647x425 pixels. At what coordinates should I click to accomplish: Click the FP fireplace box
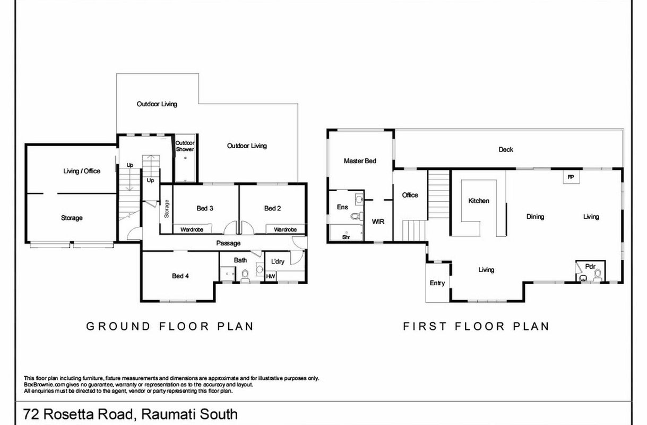coord(571,177)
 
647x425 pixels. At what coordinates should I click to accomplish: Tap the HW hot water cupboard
coord(271,276)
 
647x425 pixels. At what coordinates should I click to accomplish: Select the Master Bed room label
coord(360,161)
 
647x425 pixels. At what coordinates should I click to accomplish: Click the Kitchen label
coord(479,201)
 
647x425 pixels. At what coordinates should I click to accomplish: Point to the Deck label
coord(506,149)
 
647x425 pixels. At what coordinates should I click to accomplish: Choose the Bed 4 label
coord(180,276)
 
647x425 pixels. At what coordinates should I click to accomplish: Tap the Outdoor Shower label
coord(185,146)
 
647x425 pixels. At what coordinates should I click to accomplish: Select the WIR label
coord(378,222)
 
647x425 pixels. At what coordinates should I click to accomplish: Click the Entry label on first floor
coord(437,283)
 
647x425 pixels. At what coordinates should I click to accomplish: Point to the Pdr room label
coord(590,266)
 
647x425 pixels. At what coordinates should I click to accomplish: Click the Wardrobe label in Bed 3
coord(192,229)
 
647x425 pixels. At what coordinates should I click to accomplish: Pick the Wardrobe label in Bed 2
coord(285,229)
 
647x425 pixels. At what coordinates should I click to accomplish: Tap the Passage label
coord(228,243)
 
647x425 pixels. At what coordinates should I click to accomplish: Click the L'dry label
coord(278,261)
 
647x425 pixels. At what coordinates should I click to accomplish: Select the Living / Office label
coord(82,171)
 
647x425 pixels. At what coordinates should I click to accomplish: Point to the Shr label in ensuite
coord(346,237)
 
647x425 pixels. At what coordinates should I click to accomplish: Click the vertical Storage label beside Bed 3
coord(166,209)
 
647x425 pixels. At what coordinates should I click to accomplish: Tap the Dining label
coord(535,217)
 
